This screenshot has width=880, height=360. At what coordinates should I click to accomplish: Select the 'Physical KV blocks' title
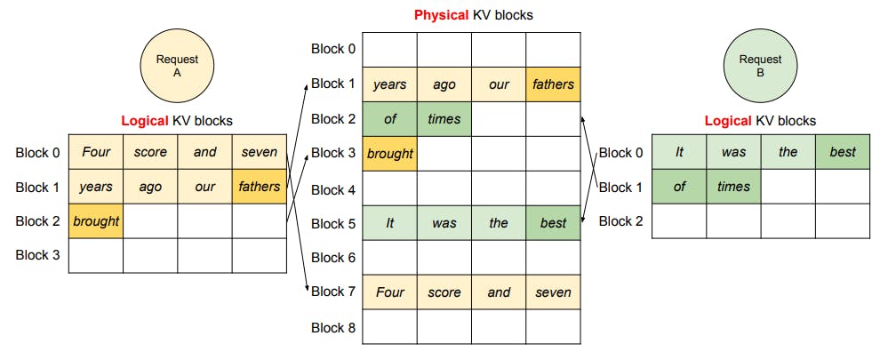[x=473, y=15]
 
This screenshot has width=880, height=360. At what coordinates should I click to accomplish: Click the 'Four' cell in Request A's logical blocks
[x=96, y=152]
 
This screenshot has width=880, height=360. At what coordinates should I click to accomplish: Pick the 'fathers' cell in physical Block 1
[x=553, y=84]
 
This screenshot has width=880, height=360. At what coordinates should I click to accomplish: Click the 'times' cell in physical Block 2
[x=444, y=118]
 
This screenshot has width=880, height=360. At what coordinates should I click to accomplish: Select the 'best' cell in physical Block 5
[x=553, y=222]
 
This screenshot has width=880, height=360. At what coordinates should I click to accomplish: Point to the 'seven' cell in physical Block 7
[x=553, y=292]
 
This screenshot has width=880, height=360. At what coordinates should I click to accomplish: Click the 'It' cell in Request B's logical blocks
[x=679, y=152]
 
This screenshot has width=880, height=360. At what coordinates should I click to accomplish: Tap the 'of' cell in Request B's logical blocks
[x=679, y=187]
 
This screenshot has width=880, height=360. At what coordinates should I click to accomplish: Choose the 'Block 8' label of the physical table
[x=332, y=327]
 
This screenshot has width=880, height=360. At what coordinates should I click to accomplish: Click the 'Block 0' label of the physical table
[x=332, y=49]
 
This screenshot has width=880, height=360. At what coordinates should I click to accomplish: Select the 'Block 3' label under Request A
[x=37, y=255]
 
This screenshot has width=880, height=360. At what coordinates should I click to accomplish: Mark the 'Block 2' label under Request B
[x=620, y=221]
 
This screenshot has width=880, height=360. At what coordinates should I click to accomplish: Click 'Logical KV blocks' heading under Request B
[x=760, y=121]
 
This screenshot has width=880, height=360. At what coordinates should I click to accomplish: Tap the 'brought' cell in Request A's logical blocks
[x=96, y=221]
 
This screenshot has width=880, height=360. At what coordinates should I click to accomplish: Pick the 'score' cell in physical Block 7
[x=444, y=292]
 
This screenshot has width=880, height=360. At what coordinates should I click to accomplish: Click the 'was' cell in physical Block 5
[x=444, y=222]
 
